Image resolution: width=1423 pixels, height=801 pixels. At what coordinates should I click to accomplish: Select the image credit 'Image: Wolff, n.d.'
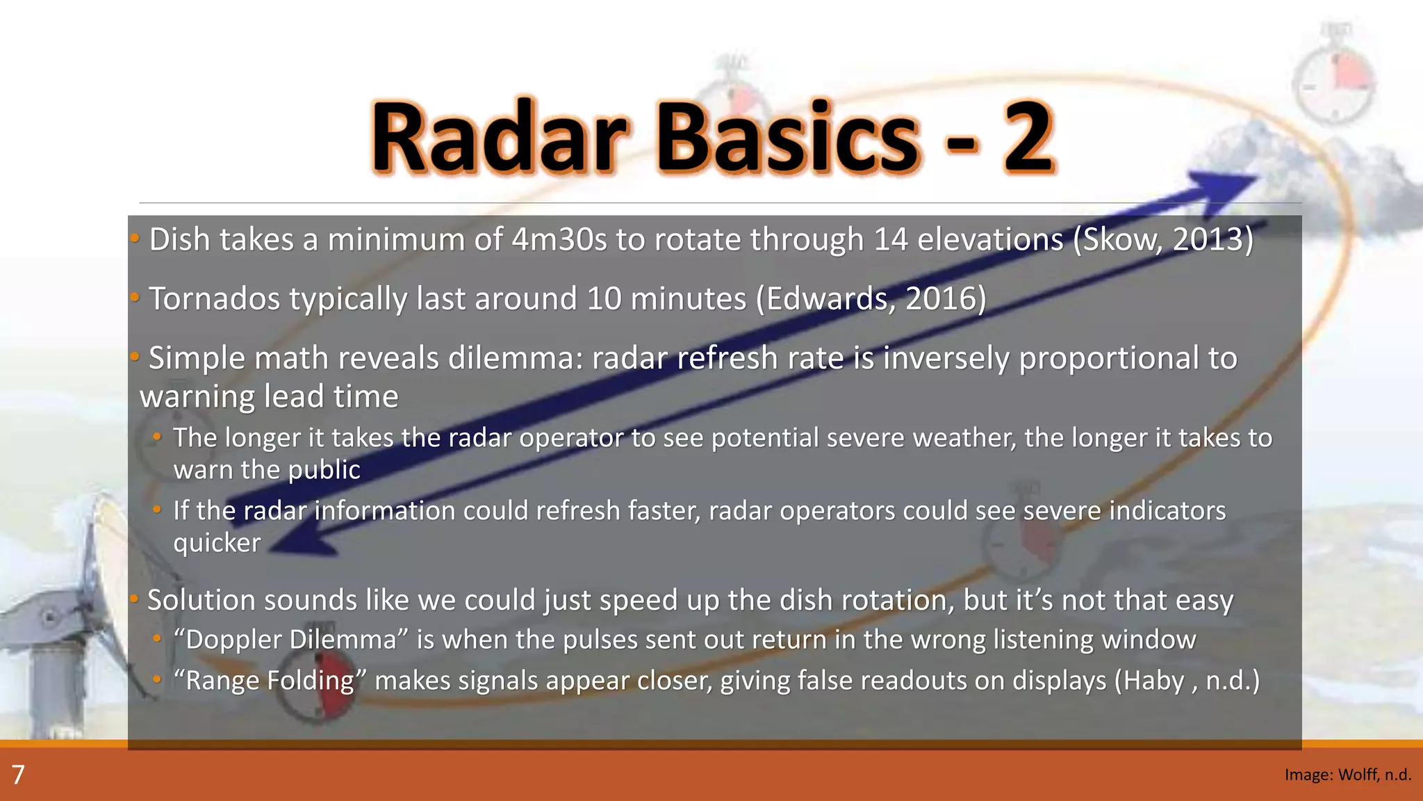pyautogui.click(x=1347, y=775)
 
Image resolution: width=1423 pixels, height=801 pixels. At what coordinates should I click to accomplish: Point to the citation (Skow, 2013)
pyautogui.click(x=1163, y=240)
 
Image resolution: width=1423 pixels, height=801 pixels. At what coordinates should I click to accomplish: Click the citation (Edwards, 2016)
pyautogui.click(x=871, y=299)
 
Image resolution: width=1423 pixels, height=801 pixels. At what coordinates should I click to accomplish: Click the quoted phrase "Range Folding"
pyautogui.click(x=270, y=681)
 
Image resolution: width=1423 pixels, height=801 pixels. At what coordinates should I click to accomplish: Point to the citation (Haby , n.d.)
pyautogui.click(x=1187, y=681)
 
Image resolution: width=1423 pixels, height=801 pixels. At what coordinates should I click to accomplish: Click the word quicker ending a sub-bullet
pyautogui.click(x=217, y=543)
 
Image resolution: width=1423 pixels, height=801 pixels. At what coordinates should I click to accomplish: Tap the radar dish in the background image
pyautogui.click(x=76, y=591)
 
